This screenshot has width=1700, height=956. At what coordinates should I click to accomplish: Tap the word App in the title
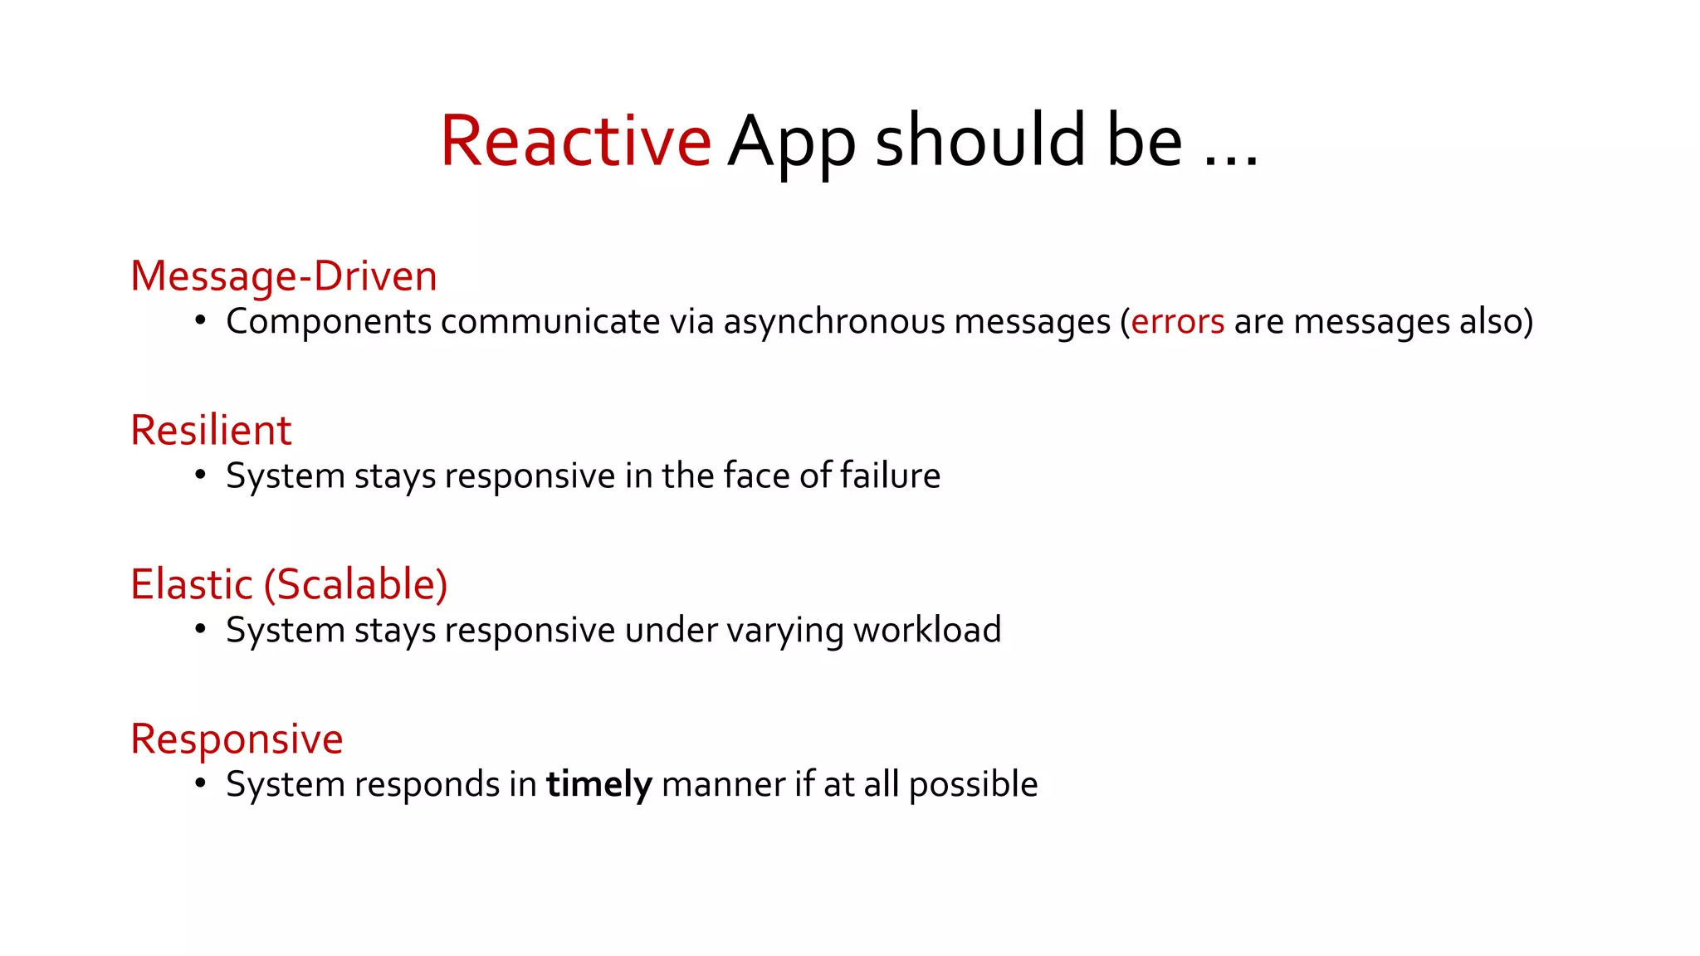(792, 143)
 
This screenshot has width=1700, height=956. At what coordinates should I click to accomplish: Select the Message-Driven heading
(284, 276)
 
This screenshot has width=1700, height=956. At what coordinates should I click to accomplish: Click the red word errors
(1177, 322)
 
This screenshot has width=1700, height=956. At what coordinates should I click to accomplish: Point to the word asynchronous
(834, 322)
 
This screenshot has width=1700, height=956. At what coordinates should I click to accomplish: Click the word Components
(329, 322)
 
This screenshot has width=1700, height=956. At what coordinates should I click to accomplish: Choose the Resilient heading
(211, 431)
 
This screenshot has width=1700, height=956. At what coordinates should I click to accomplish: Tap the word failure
(890, 476)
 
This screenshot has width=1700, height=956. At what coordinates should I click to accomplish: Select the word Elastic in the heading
(192, 584)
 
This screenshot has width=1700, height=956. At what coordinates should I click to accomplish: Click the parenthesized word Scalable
(356, 584)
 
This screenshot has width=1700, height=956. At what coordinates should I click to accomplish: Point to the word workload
(927, 630)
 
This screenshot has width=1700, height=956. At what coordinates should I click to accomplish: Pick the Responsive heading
(237, 739)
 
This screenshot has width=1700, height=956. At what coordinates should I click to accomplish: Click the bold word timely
(598, 785)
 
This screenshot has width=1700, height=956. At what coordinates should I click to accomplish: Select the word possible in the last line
(973, 785)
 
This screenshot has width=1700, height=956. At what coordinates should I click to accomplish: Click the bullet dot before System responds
(200, 783)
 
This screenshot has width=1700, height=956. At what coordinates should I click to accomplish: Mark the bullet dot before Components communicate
(200, 320)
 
